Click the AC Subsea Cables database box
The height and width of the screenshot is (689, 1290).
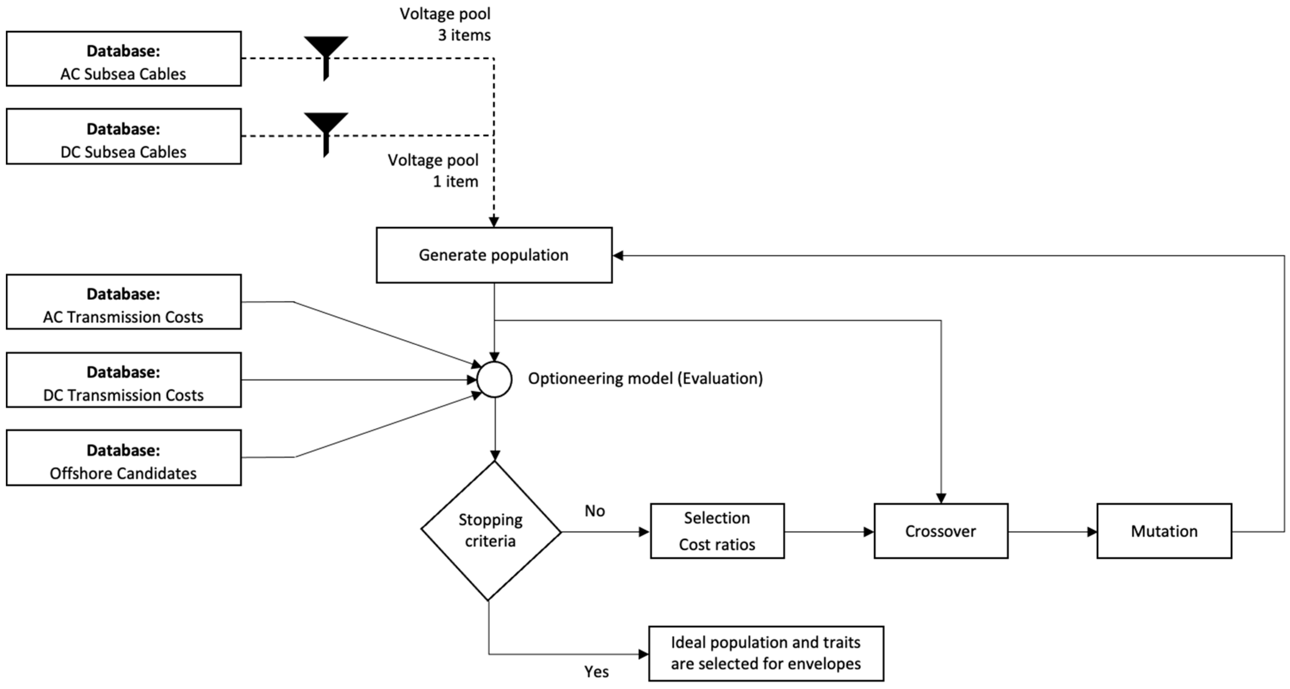[x=124, y=59]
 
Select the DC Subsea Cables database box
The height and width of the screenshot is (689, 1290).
[x=124, y=136]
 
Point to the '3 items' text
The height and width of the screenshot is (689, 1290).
[x=464, y=35]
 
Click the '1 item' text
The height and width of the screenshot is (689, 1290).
[x=455, y=181]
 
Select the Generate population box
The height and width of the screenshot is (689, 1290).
[x=494, y=255]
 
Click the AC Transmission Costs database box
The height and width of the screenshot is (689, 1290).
[x=124, y=302]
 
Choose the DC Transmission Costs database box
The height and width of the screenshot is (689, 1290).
[x=124, y=380]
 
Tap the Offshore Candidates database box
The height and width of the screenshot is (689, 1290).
[x=124, y=458]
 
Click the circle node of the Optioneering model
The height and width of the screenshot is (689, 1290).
[x=494, y=380]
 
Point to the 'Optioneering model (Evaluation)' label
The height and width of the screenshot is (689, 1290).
[x=645, y=378]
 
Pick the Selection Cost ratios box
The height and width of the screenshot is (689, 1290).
[x=717, y=531]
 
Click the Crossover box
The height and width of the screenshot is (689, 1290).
[x=940, y=531]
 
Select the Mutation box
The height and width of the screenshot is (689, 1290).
[x=1164, y=531]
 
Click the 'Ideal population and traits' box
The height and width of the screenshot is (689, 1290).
[x=766, y=653]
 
